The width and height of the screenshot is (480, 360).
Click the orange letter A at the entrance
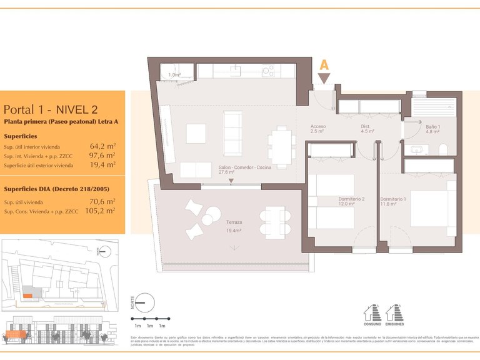pos(324,65)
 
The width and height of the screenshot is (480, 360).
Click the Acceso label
pos(317,127)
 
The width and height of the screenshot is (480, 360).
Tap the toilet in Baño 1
pos(443,149)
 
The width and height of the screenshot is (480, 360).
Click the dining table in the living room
pos(280,147)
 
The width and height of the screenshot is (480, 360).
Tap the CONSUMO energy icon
pos(372,312)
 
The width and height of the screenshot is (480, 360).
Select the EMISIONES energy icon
pos(394,312)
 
